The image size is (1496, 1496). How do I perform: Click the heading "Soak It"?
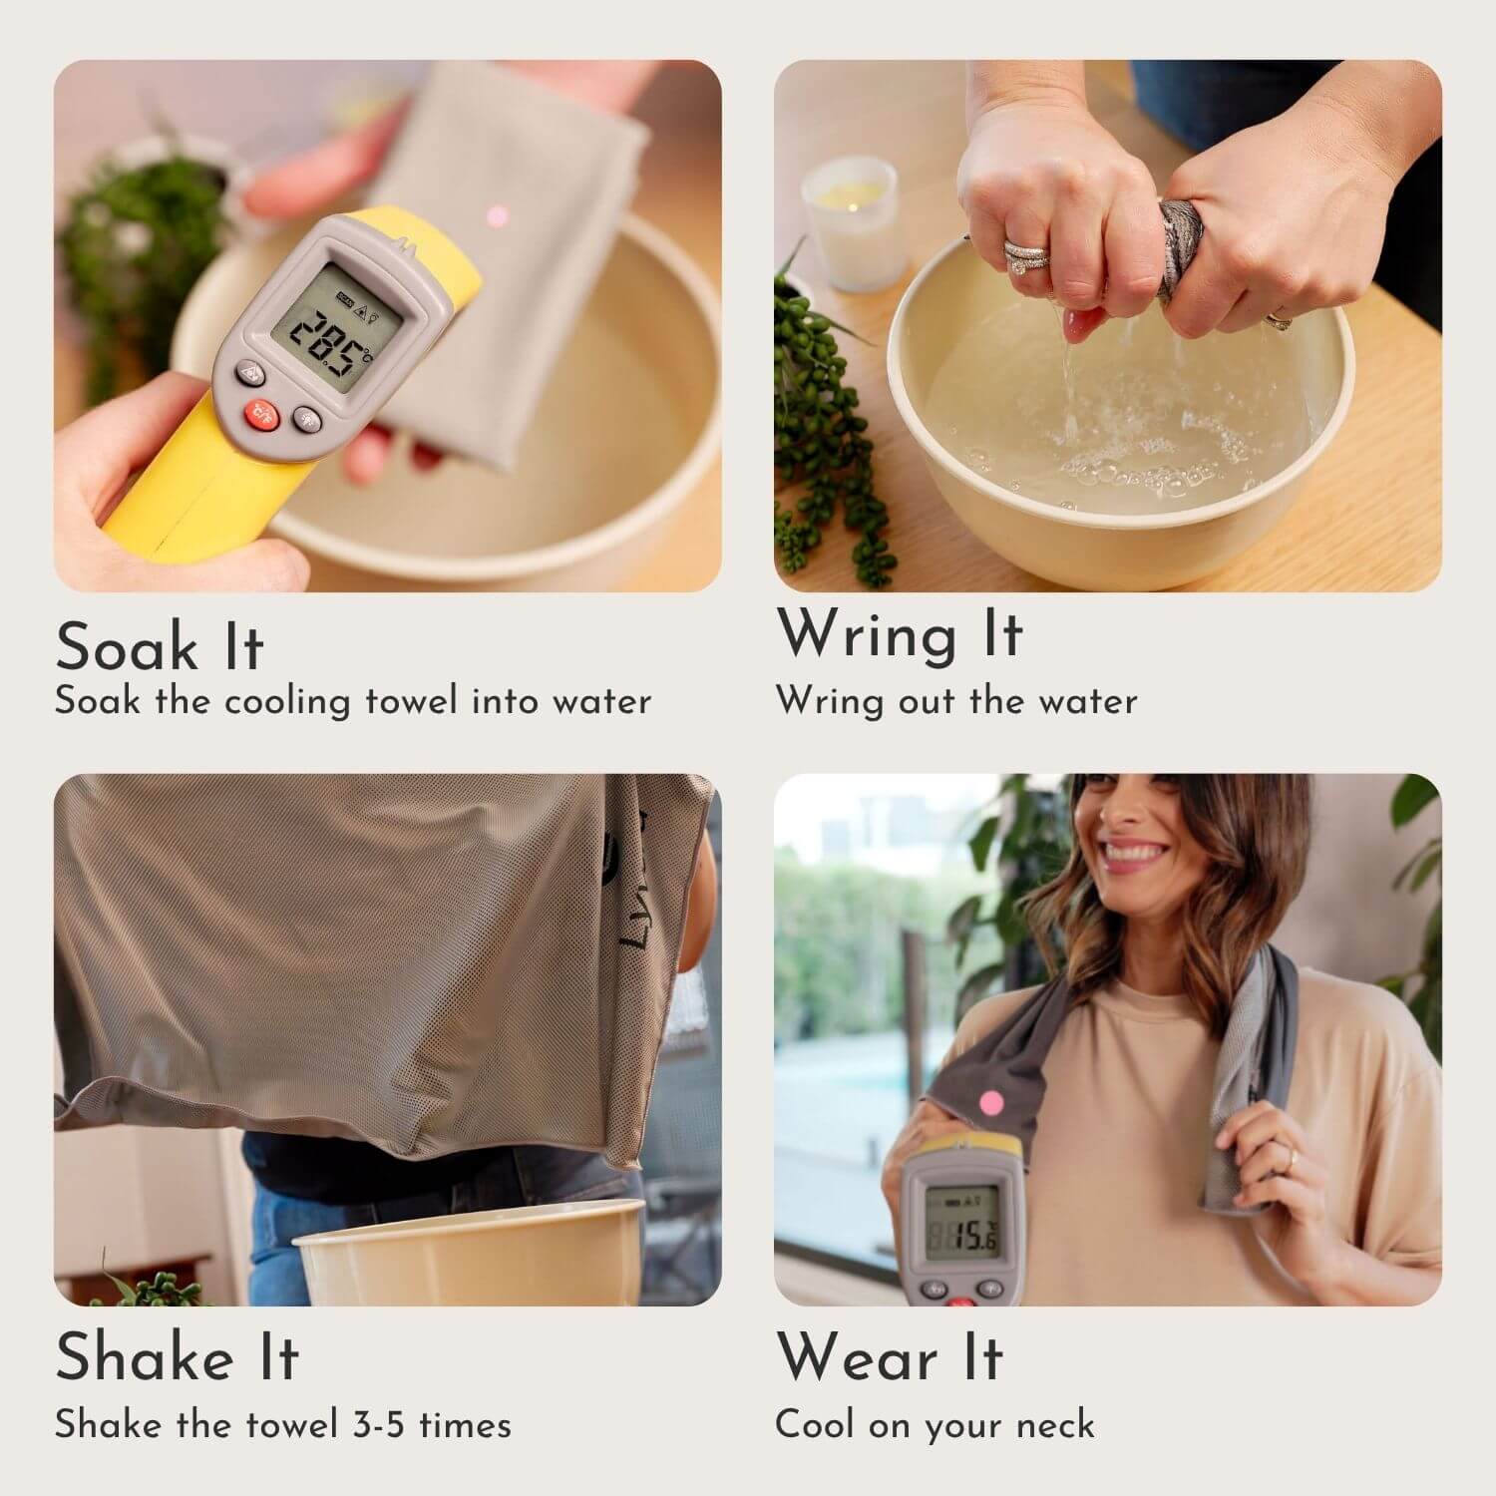coord(160,646)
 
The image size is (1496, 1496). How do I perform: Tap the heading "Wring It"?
coord(901,635)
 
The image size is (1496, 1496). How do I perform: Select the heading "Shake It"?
coord(177,1357)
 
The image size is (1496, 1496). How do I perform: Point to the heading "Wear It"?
coord(890,1357)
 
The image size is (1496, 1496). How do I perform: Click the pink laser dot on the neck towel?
coord(991,1102)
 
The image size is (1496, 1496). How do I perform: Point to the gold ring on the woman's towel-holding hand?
coord(1290,1157)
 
